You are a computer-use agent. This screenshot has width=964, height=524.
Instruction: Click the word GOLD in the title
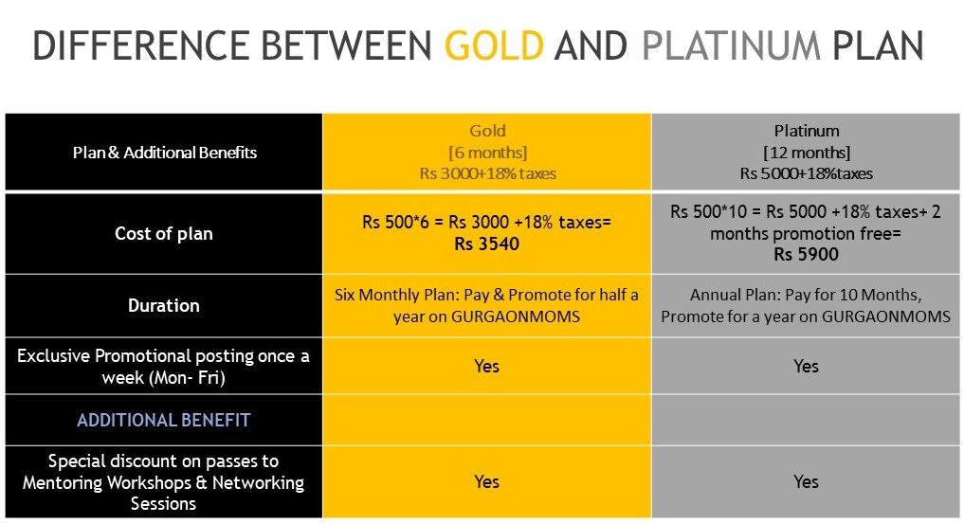[x=494, y=45]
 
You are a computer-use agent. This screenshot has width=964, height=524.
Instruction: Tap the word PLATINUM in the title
[x=731, y=45]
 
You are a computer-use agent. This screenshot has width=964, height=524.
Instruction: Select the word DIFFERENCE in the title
[x=141, y=45]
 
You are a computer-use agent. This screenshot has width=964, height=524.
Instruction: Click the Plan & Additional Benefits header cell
[x=164, y=153]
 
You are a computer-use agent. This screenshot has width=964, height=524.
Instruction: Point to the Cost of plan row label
[x=164, y=233]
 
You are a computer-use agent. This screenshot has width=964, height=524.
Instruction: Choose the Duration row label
[x=164, y=305]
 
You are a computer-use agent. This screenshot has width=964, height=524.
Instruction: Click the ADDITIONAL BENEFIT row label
[x=164, y=420]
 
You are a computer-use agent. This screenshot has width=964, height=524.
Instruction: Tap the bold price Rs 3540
[x=487, y=244]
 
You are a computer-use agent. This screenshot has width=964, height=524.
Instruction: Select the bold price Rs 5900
[x=806, y=254]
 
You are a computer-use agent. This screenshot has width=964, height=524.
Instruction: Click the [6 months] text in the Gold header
[x=487, y=153]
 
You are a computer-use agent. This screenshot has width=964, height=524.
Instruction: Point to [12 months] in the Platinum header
[x=807, y=153]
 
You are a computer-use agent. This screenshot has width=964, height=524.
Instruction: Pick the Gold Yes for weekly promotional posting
[x=486, y=366]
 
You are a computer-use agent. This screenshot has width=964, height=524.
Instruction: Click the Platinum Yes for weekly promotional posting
[x=806, y=366]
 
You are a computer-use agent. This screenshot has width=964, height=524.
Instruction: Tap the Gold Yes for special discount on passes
[x=486, y=481]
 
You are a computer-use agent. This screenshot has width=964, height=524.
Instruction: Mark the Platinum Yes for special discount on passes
[x=806, y=481]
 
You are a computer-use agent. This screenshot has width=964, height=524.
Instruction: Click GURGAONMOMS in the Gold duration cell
[x=516, y=317]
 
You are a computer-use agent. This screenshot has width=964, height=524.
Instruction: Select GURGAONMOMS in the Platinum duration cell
[x=886, y=317]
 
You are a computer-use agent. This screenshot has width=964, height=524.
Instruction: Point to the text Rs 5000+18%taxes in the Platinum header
[x=806, y=173]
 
